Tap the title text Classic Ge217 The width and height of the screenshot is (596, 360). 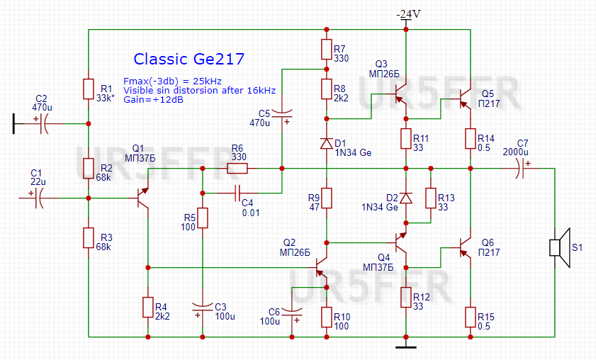[x=189, y=58]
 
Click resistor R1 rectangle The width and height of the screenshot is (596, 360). [x=89, y=89]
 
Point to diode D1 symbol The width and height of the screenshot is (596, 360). [x=326, y=143]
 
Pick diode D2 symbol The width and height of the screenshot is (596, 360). [x=405, y=198]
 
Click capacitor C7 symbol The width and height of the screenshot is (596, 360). [x=524, y=169]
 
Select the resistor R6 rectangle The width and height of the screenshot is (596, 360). [x=237, y=169]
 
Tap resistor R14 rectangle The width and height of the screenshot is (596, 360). [x=469, y=138]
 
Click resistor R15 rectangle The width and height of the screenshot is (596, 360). [x=469, y=317]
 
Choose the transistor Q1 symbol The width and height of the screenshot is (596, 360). [x=144, y=199]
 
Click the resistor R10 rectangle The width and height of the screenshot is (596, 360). [x=326, y=317]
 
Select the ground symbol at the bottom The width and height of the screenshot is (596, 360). [x=405, y=346]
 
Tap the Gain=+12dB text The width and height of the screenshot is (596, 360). [x=154, y=100]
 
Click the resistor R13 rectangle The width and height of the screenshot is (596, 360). [x=429, y=198]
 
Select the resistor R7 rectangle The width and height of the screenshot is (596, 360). [x=326, y=49]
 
